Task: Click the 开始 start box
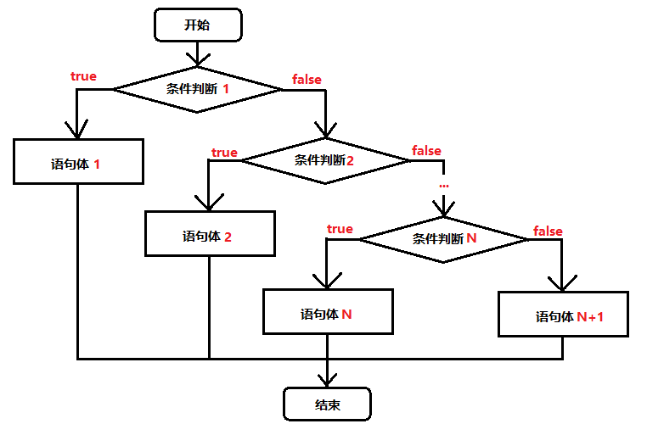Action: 196,25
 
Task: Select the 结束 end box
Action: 327,404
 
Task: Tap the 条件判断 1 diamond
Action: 197,88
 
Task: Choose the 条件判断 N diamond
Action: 443,239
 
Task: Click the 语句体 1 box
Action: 77,161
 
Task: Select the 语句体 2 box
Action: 210,233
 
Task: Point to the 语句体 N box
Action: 327,311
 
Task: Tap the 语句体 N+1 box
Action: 563,315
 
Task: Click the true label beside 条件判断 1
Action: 83,76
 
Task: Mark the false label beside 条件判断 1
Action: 307,80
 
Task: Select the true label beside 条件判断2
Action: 224,153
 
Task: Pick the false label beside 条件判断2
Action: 426,151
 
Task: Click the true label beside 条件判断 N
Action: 340,229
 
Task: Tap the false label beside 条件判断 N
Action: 548,231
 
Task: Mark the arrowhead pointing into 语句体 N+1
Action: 563,282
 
